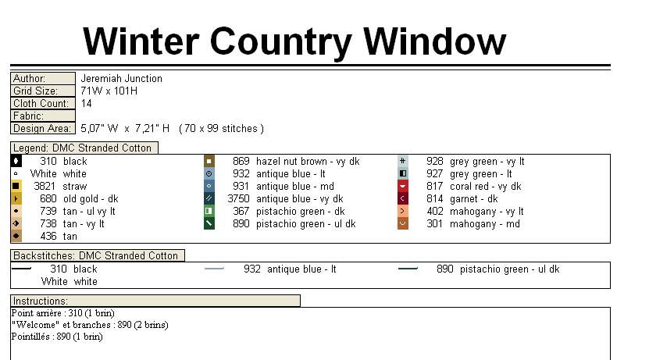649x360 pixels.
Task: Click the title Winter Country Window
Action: [x=294, y=40]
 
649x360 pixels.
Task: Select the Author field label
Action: [x=30, y=79]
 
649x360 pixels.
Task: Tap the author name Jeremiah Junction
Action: [x=121, y=79]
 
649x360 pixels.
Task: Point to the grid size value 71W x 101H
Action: [x=109, y=91]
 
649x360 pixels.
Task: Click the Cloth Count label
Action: [x=41, y=104]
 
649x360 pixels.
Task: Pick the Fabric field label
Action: [x=28, y=116]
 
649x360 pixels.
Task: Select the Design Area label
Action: [x=41, y=129]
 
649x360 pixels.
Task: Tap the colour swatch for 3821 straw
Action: [x=16, y=187]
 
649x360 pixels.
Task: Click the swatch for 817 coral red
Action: [x=403, y=187]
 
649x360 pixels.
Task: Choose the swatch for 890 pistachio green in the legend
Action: [x=209, y=224]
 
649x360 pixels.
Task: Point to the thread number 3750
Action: [x=238, y=199]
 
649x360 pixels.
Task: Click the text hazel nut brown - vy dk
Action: [x=308, y=162]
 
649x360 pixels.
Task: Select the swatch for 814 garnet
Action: [x=403, y=199]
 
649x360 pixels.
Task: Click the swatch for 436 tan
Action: [x=16, y=237]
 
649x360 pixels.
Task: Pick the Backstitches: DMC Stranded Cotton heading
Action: [x=97, y=255]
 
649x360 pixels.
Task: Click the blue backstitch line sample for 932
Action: [x=214, y=269]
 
